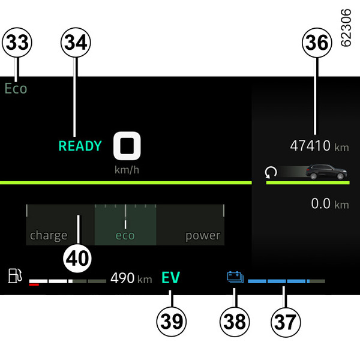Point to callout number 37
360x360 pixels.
tap(284, 321)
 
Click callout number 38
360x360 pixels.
tap(235, 321)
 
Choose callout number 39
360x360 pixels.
tap(171, 321)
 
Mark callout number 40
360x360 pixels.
tap(78, 259)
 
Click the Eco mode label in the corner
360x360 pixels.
tap(16, 89)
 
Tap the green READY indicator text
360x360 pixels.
tap(80, 146)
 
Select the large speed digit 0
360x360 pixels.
tap(127, 146)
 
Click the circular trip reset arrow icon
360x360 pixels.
tap(271, 173)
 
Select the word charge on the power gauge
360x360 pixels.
tap(49, 236)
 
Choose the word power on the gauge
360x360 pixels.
tap(203, 236)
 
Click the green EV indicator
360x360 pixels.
tap(171, 278)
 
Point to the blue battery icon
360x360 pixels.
tap(235, 277)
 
